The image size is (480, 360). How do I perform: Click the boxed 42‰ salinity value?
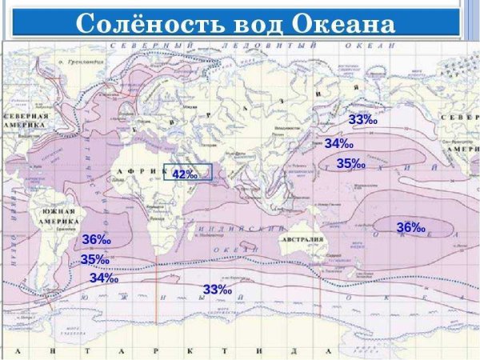pos(186,174)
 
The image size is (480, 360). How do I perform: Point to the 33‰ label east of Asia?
pos(362,119)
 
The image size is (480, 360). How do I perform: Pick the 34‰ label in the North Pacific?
pos(339,143)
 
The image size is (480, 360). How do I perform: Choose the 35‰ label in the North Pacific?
pos(350,163)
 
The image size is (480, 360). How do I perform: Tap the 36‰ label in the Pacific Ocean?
pos(410,228)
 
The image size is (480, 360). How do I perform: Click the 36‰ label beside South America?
pos(96,240)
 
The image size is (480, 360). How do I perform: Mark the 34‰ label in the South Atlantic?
pos(104,278)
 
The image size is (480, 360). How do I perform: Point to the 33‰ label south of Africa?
pos(217,289)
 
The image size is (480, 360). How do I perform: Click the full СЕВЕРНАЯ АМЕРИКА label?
pos(25,121)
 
